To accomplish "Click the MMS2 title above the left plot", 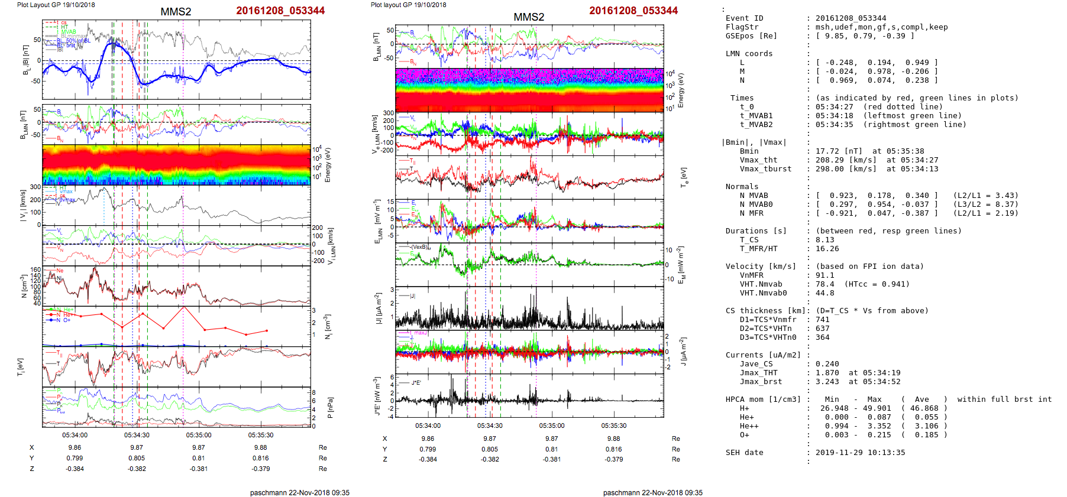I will [x=176, y=12].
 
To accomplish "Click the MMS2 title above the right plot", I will [x=529, y=17].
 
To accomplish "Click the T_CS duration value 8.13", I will [x=824, y=240].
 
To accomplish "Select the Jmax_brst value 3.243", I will [x=827, y=382].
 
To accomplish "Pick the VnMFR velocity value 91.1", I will [x=824, y=275].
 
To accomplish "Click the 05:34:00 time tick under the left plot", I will [x=75, y=435].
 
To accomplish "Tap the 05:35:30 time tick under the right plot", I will [x=614, y=425].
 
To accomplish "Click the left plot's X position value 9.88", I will [x=260, y=447].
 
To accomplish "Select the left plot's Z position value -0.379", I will [x=260, y=469].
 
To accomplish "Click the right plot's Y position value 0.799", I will [x=428, y=449].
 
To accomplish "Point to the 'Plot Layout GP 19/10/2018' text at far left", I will [x=56, y=5].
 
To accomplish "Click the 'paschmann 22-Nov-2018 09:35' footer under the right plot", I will [x=652, y=492].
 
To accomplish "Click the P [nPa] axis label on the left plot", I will [x=329, y=407].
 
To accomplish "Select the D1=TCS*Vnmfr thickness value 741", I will [x=822, y=320].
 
